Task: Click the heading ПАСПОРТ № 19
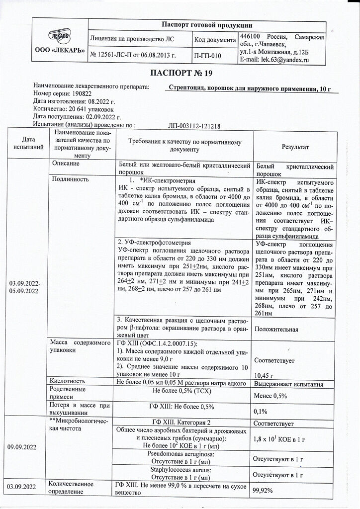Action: (181, 74)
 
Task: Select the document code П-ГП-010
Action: (206, 56)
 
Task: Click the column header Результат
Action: (295, 148)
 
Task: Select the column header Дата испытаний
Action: (28, 144)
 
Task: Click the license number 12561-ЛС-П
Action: (114, 56)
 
